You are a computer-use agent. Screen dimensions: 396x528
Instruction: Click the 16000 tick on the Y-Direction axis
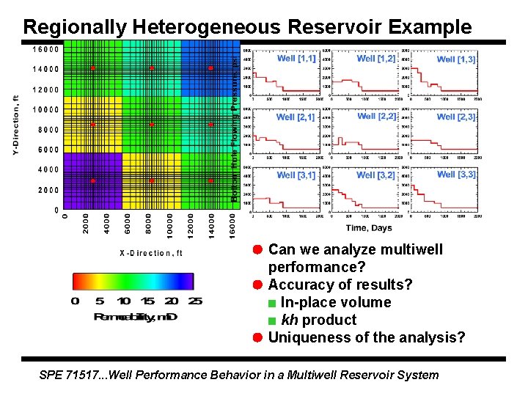45,50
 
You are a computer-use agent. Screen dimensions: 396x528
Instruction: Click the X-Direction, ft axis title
151,253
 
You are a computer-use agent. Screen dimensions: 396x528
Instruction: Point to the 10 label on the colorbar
124,301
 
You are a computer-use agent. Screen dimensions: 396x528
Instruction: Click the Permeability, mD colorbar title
135,316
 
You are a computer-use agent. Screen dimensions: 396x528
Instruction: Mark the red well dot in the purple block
93,180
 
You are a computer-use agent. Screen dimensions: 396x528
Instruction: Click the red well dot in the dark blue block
210,68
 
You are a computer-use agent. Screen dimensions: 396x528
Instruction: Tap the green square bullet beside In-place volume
272,303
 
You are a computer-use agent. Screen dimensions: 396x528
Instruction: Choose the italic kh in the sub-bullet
290,320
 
